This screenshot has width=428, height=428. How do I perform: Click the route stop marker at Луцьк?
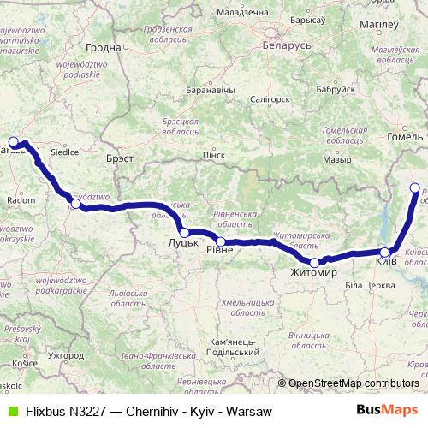point(185,232)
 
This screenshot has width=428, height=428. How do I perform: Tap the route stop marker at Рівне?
point(221,241)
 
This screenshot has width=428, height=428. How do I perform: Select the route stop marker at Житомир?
point(315,263)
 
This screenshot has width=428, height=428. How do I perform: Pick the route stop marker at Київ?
point(385,253)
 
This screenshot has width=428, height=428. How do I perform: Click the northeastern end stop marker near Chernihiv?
point(415,187)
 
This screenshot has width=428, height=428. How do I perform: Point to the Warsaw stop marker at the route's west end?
point(13,142)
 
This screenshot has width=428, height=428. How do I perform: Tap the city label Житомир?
point(313,273)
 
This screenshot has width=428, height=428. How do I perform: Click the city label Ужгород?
point(67,354)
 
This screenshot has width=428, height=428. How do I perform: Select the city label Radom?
point(21,200)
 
